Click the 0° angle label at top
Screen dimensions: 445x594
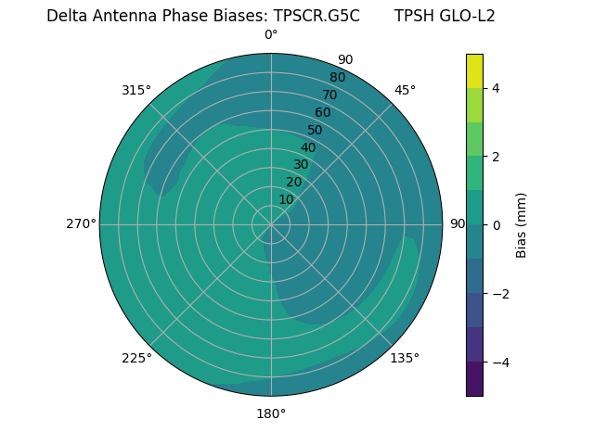tap(271, 35)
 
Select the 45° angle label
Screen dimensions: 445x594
tap(405, 90)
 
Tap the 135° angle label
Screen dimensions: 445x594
tap(405, 358)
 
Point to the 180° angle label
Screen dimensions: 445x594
tap(271, 413)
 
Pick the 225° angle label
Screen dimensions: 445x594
tap(136, 358)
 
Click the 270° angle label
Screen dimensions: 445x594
tap(81, 224)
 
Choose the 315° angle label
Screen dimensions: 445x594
tap(136, 90)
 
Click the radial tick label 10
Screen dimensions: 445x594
tap(286, 200)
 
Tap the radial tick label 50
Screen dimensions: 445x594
tap(316, 130)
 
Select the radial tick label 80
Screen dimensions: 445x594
tap(337, 78)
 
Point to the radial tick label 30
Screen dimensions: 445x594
tap(301, 165)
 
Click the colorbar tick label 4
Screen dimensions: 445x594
tap(496, 88)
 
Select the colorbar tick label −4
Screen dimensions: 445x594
tap(499, 362)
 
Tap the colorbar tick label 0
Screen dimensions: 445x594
tap(496, 225)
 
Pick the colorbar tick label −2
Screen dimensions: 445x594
tap(499, 294)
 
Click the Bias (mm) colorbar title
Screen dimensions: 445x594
tap(522, 225)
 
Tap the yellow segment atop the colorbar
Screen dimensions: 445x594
tap(474, 71)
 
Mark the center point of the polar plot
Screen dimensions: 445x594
tap(271, 224)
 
